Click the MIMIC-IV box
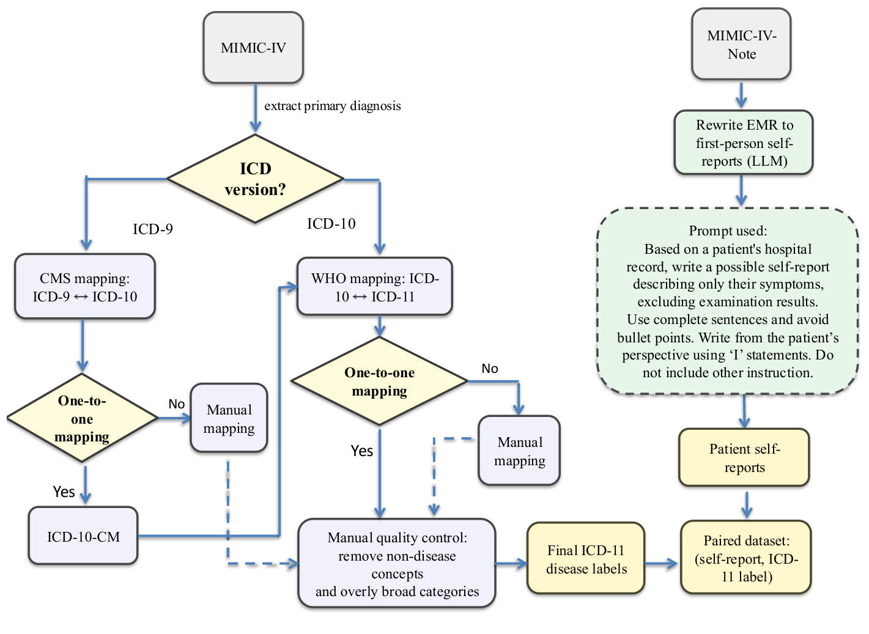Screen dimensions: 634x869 [x=253, y=48]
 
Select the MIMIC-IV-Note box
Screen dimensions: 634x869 [x=741, y=45]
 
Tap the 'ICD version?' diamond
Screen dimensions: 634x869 [x=255, y=179]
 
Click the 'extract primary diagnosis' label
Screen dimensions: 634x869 [x=332, y=106]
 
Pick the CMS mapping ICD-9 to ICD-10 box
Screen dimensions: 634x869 [x=85, y=287]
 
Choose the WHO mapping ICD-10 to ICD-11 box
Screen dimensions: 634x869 [x=375, y=287]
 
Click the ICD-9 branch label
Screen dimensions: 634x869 [x=153, y=229]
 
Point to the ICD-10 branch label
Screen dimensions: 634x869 [x=331, y=224]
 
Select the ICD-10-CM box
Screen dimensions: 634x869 [x=83, y=537]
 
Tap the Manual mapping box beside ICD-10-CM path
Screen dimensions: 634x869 [x=229, y=419]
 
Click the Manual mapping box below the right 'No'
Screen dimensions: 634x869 [x=519, y=451]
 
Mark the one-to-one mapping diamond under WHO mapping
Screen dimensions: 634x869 [x=379, y=382]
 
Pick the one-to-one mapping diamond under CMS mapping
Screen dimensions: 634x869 [x=82, y=419]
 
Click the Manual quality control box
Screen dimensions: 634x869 [x=397, y=564]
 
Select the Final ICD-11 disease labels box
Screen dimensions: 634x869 [x=586, y=559]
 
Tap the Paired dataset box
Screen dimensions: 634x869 [x=745, y=558]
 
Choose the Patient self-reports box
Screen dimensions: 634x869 [x=744, y=458]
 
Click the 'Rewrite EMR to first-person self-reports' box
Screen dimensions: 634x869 [x=744, y=143]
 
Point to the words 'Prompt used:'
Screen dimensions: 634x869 [x=728, y=230]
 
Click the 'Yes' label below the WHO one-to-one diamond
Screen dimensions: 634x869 [x=361, y=451]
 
